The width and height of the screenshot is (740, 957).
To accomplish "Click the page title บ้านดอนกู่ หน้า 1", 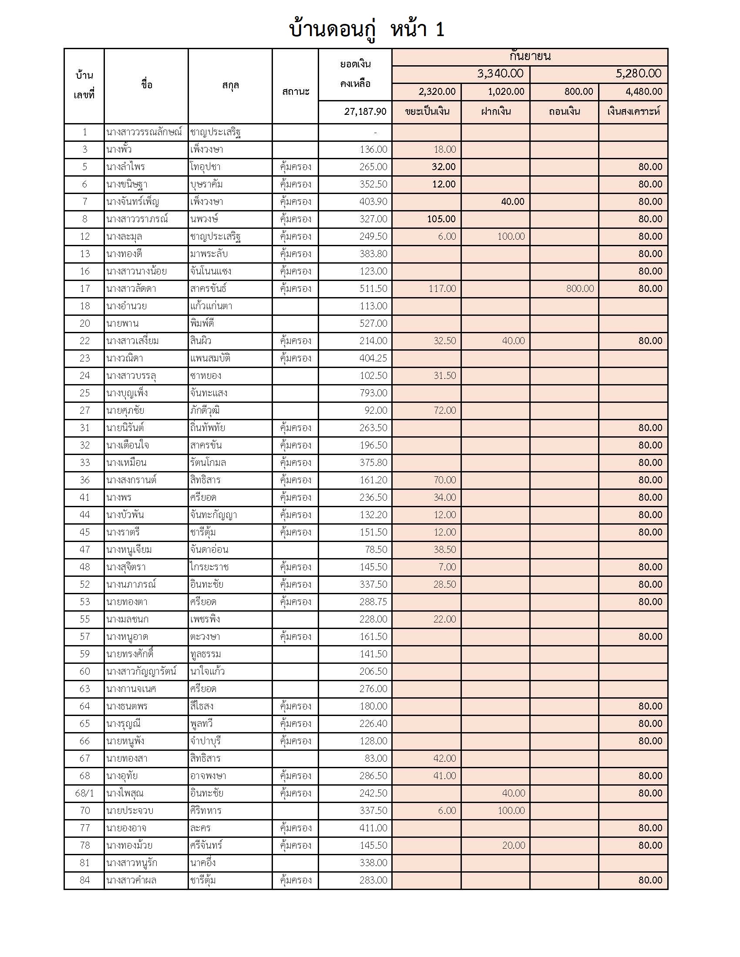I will click(367, 30).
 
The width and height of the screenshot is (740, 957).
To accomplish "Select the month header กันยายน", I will click(530, 57).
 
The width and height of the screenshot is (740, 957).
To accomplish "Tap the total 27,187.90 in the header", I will click(365, 112).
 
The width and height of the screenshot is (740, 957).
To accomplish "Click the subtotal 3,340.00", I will click(500, 74).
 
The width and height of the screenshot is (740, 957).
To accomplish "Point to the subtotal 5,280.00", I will click(638, 74).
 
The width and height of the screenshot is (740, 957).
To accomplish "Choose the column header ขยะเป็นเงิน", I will click(427, 112).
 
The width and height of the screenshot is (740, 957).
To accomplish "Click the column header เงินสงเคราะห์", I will click(633, 112).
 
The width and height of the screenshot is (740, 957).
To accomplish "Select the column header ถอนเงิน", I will click(564, 112).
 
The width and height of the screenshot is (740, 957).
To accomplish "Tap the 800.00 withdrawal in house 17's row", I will click(579, 289).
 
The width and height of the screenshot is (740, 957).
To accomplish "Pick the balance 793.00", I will click(373, 393).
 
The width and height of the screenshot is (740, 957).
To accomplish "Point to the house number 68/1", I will click(84, 793).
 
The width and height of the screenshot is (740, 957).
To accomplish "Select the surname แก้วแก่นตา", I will click(211, 306).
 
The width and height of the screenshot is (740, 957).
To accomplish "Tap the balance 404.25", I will click(373, 358).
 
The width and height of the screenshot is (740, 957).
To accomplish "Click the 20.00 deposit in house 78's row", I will click(513, 846).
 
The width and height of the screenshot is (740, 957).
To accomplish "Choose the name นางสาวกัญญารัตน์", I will click(141, 672).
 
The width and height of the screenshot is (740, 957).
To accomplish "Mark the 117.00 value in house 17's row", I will click(442, 289).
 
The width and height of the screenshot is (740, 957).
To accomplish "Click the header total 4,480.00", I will click(643, 92).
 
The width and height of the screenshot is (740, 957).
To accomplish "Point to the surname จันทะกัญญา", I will click(213, 515).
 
